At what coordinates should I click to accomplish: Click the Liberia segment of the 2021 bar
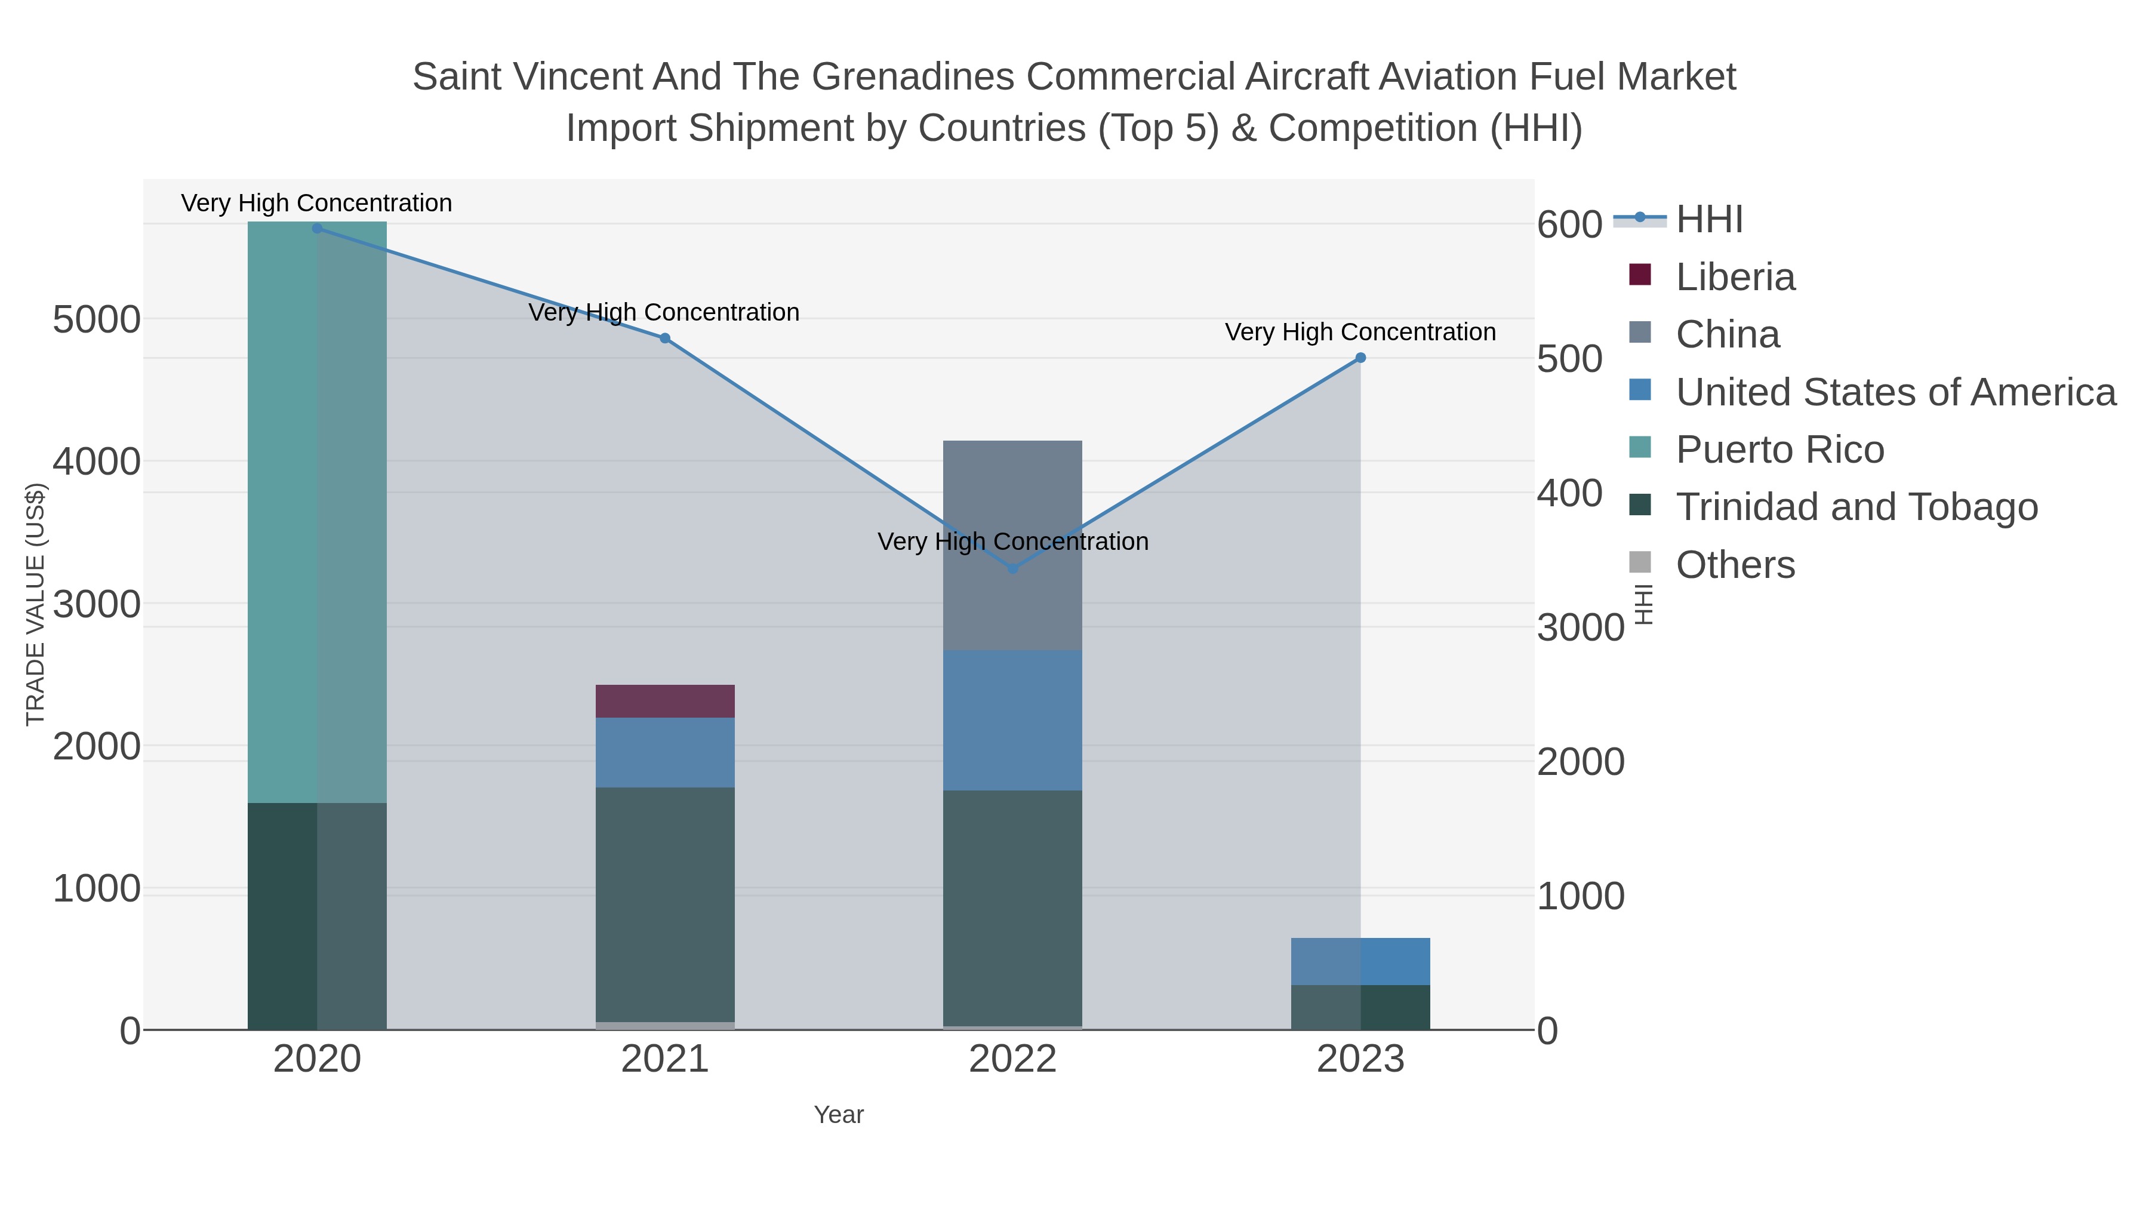[665, 701]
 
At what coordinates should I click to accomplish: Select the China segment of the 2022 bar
[1012, 501]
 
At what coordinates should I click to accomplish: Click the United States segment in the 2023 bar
[1360, 961]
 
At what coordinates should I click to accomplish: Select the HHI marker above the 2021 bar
[665, 338]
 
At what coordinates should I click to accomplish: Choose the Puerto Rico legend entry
[1779, 450]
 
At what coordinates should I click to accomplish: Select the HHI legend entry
[1708, 220]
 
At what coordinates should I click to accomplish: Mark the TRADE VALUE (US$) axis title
[35, 603]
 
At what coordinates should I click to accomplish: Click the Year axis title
[839, 1115]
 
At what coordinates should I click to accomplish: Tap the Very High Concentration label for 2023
[1360, 332]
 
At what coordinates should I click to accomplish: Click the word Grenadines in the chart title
[913, 77]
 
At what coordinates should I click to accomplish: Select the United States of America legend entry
[1895, 392]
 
